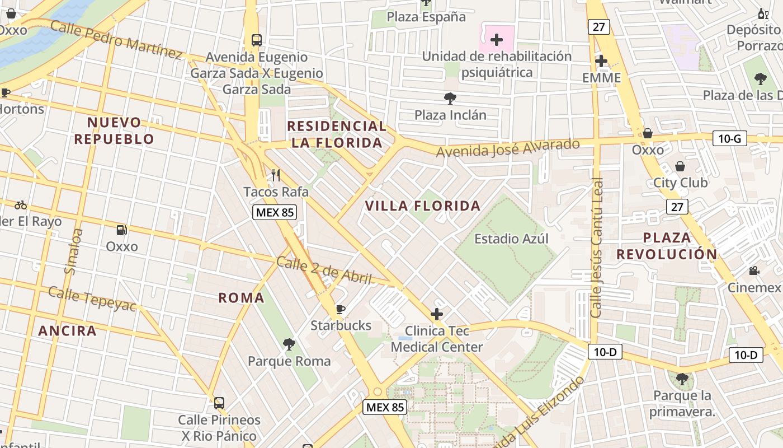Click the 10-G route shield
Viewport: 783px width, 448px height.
pos(730,138)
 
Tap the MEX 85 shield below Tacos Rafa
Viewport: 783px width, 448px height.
pos(274,212)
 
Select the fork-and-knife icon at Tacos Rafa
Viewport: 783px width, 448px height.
pos(276,175)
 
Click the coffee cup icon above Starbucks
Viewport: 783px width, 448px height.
pos(340,309)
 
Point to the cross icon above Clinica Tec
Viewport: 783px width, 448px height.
pos(437,314)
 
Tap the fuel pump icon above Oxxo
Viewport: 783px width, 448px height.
pos(121,230)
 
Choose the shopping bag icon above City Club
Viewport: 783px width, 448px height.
pos(680,166)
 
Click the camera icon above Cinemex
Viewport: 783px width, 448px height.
pos(754,271)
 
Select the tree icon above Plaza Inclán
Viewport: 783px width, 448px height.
pos(450,99)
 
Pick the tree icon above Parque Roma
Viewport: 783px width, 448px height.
pos(289,344)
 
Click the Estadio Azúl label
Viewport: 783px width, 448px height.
pos(511,239)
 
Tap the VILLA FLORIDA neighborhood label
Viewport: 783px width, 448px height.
pos(423,206)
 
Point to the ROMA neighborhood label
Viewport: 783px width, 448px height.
pos(241,297)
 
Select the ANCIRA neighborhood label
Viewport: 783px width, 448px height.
pos(67,330)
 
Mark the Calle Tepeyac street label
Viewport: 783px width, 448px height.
pos(92,298)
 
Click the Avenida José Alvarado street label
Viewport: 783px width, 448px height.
pos(508,148)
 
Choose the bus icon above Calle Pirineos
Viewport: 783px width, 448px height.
pos(219,403)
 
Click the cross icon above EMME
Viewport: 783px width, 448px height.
pos(601,60)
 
